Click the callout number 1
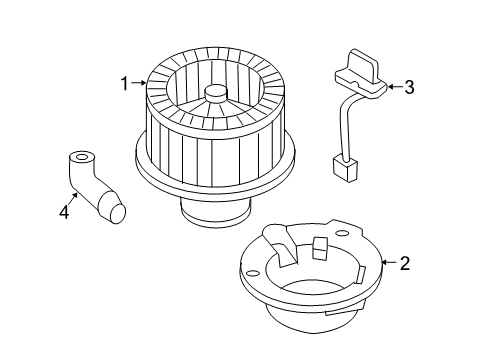(126, 84)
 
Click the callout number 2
(405, 264)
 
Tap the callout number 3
(408, 87)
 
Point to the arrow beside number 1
(140, 85)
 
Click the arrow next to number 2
(388, 265)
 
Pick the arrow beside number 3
(392, 87)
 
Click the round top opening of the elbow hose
(80, 158)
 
